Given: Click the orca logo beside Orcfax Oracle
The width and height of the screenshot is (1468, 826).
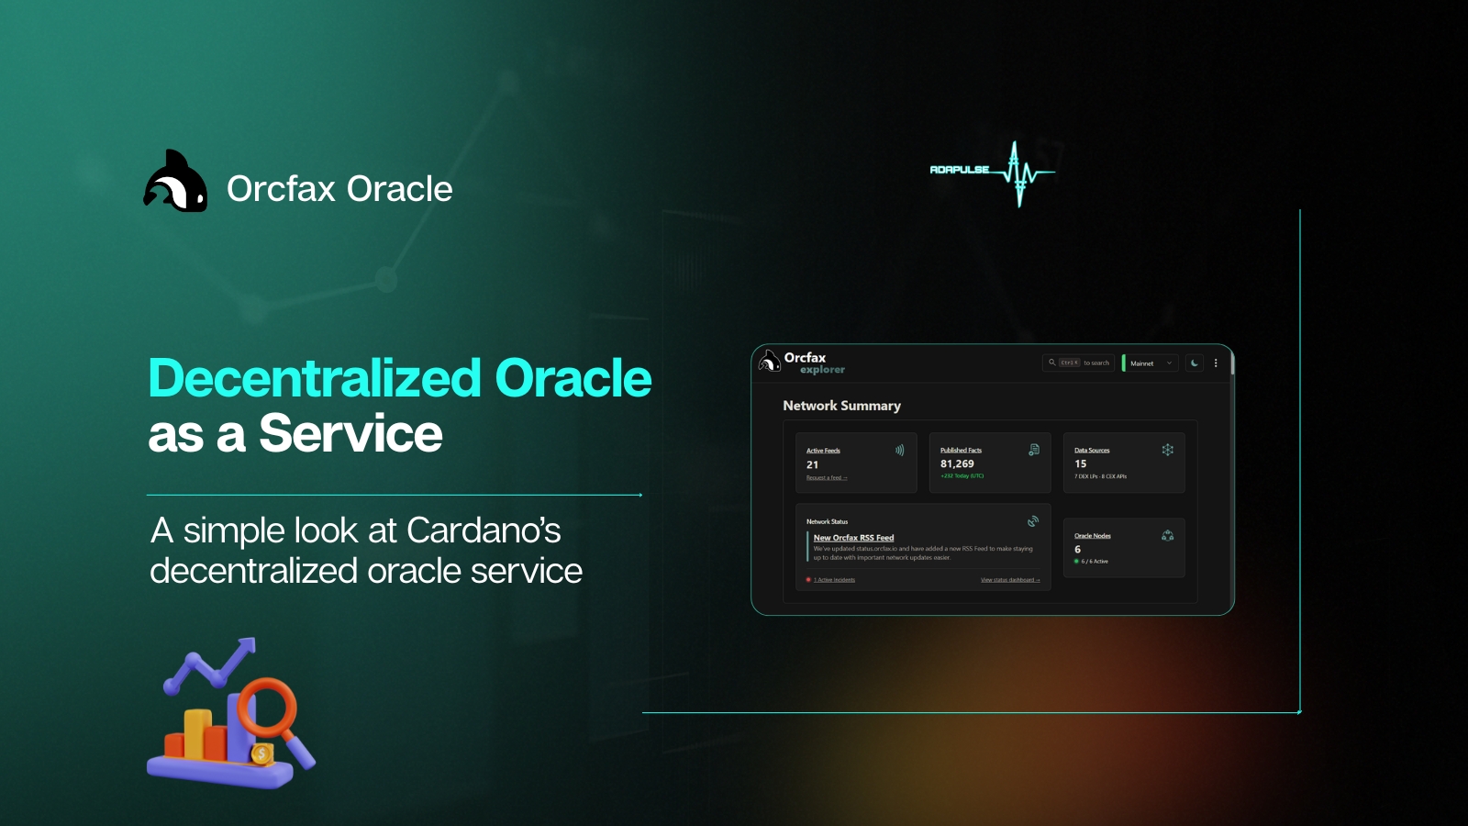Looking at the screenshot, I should click(x=175, y=183).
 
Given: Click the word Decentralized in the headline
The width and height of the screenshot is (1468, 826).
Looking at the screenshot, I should click(x=315, y=378).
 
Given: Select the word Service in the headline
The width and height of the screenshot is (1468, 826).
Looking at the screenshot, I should click(x=350, y=433).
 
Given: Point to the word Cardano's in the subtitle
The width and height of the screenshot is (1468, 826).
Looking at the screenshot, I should click(x=483, y=530).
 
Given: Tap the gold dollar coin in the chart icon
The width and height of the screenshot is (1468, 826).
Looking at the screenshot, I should click(x=261, y=754).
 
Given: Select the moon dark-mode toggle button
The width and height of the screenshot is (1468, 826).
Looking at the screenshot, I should click(x=1194, y=363).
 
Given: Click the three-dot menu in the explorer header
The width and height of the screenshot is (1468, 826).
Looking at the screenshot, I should click(x=1216, y=363).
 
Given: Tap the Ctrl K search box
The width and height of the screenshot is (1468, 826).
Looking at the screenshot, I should click(x=1079, y=363).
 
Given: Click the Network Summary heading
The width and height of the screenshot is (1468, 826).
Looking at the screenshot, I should click(x=841, y=406).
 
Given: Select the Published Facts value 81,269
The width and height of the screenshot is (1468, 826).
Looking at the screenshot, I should click(x=957, y=464).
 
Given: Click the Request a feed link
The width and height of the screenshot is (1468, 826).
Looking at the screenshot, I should click(x=826, y=478).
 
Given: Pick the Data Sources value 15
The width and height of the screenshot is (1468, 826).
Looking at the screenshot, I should click(x=1080, y=464).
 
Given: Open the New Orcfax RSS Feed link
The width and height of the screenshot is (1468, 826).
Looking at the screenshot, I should click(x=853, y=538).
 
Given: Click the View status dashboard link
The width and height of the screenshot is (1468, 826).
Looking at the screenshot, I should click(x=1009, y=580).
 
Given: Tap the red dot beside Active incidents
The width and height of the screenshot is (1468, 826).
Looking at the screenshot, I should click(x=808, y=580).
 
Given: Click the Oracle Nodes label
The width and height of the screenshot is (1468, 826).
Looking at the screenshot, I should click(x=1092, y=536).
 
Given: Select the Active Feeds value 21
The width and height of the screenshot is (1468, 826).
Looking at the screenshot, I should click(x=812, y=465).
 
